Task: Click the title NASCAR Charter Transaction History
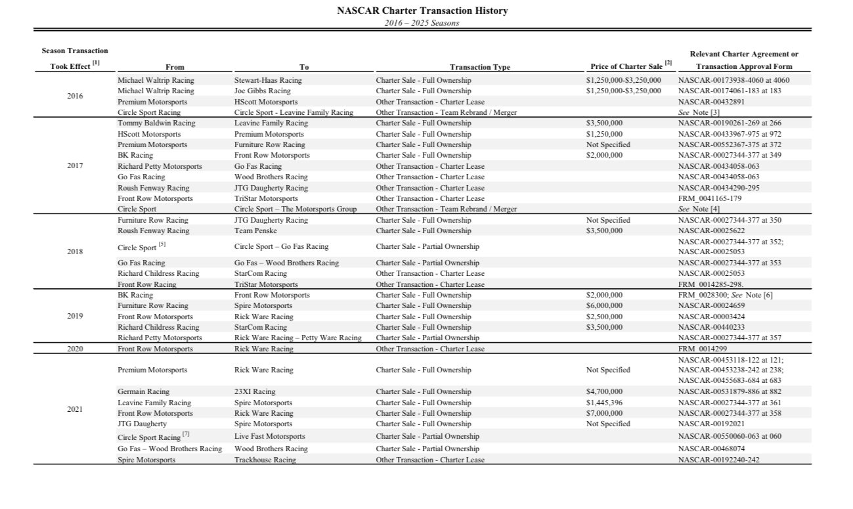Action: point(422,11)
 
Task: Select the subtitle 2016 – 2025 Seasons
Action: point(422,23)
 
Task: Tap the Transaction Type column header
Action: point(479,67)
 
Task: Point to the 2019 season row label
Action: point(75,317)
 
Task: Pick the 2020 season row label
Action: point(75,349)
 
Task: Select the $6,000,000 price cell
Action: point(604,306)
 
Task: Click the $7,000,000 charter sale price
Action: point(604,414)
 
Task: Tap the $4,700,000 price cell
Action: point(604,392)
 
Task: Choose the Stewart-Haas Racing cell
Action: point(268,80)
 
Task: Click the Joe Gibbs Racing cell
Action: point(262,91)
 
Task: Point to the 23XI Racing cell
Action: point(255,392)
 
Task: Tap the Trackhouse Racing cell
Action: point(265,460)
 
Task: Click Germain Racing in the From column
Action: point(143,392)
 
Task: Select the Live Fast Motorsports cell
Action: point(269,436)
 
